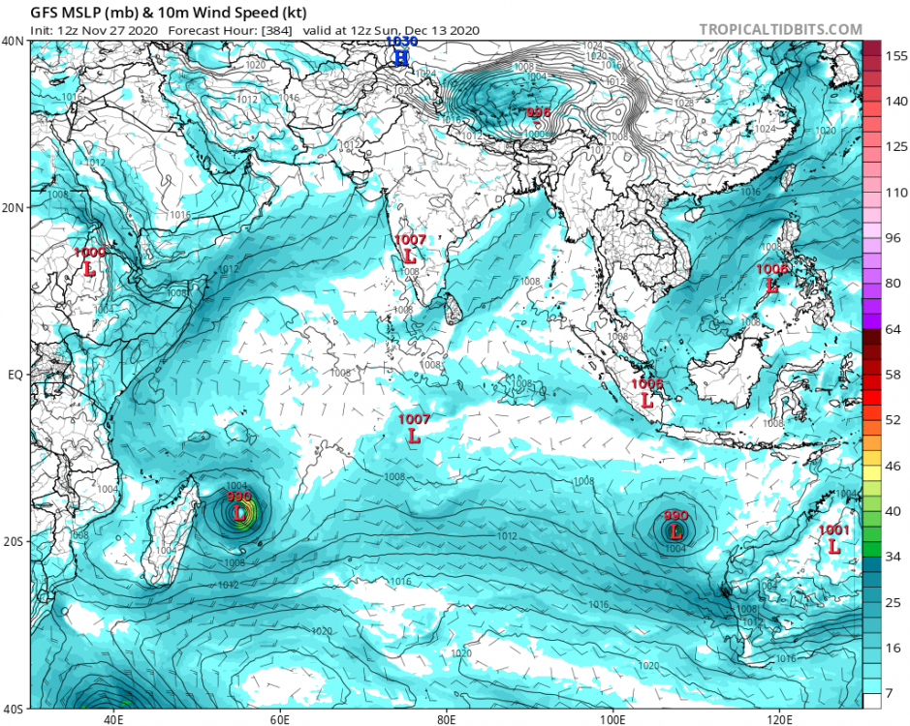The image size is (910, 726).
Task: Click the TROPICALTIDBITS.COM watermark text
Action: click(x=780, y=29)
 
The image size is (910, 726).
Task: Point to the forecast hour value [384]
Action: click(x=273, y=30)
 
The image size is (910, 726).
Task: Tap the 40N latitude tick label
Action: click(x=14, y=42)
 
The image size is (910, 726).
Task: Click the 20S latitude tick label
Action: click(x=14, y=541)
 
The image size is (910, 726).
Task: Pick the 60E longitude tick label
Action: click(x=281, y=719)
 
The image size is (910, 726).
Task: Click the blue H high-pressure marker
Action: click(x=400, y=58)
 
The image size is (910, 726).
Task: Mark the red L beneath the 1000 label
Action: click(x=89, y=268)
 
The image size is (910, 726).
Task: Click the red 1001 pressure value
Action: click(x=833, y=530)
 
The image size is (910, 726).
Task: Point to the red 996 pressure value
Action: click(x=538, y=113)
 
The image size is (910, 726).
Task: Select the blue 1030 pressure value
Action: click(x=400, y=43)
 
